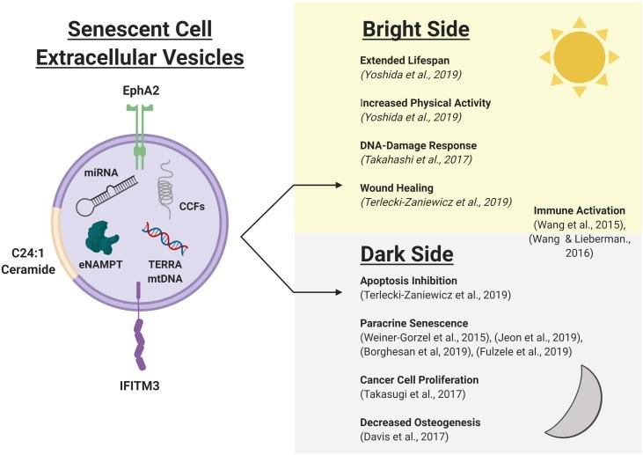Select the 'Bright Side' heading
[416, 29]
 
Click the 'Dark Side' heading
[407, 254]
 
